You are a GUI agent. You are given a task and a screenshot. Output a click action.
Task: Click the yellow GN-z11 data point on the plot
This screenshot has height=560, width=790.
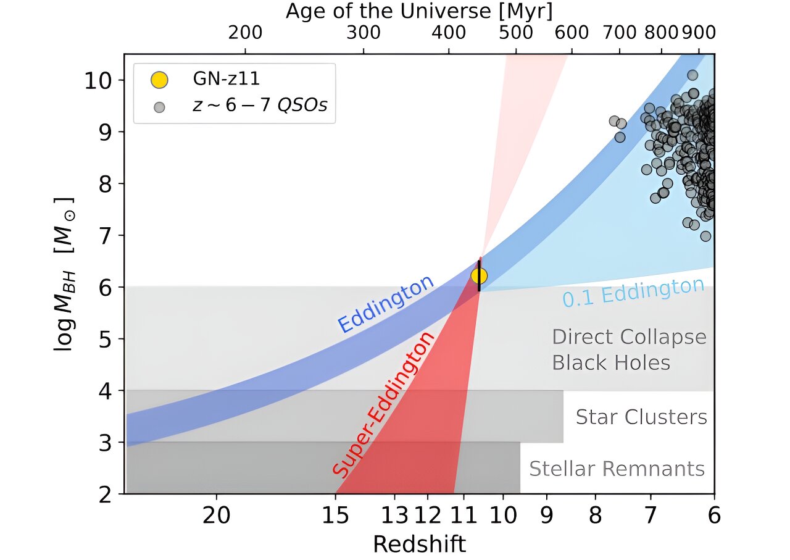click(x=479, y=276)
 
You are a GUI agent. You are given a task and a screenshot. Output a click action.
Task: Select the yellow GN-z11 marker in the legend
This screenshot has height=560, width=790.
click(x=159, y=80)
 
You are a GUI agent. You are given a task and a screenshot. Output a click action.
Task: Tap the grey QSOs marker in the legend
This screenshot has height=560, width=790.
click(x=159, y=107)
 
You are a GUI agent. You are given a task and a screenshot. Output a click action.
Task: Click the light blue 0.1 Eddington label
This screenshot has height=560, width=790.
click(x=633, y=292)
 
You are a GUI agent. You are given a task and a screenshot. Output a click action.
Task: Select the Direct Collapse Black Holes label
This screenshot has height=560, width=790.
click(x=628, y=349)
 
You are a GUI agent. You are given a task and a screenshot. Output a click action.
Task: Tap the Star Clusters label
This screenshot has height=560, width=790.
click(x=641, y=417)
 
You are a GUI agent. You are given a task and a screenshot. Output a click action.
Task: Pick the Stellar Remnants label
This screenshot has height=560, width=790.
click(x=617, y=469)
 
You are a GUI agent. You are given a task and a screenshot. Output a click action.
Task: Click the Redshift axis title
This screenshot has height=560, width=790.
click(x=419, y=544)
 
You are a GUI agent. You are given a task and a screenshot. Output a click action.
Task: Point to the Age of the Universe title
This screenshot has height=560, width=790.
click(x=418, y=11)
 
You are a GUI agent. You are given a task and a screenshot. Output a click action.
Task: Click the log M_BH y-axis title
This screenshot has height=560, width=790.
click(x=64, y=274)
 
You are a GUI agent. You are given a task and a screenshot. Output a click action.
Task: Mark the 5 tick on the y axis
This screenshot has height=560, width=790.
click(x=106, y=339)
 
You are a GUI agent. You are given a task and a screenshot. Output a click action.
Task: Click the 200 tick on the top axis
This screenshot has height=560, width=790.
click(x=245, y=33)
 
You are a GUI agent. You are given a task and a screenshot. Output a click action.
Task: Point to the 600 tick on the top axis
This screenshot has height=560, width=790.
click(x=572, y=33)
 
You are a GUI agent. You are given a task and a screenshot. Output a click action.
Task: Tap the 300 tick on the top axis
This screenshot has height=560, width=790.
click(x=364, y=33)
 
